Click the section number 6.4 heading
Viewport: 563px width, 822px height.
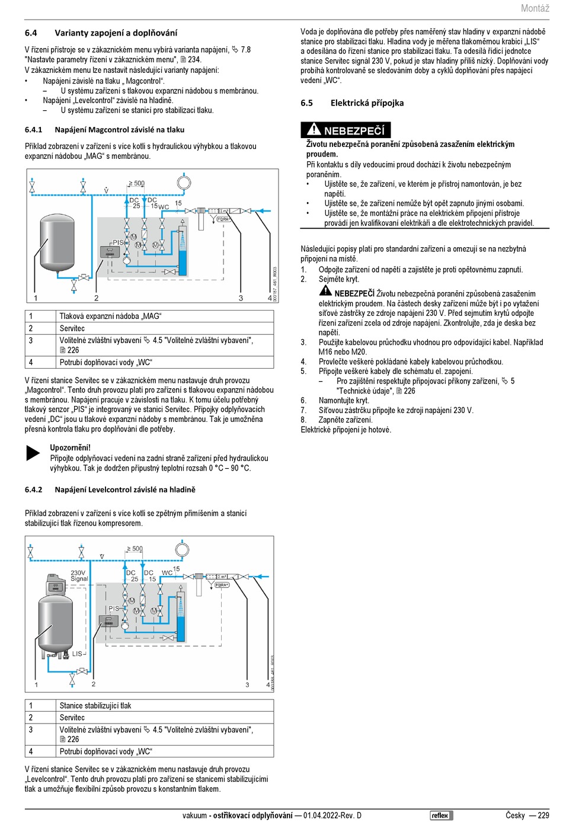point(31,33)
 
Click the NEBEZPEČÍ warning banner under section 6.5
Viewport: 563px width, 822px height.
point(346,130)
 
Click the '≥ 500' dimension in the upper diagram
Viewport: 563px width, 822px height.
point(136,183)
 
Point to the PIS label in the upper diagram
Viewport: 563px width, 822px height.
point(118,242)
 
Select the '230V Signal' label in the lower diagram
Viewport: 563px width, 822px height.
point(79,576)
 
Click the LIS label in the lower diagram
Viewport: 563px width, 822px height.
point(77,654)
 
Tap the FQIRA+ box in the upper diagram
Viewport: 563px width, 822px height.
point(223,219)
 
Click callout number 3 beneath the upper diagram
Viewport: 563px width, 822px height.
point(241,298)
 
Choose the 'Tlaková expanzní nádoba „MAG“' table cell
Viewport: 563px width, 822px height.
point(110,316)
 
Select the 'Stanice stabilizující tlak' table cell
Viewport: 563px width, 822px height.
point(95,706)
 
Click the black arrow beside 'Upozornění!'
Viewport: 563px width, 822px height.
point(33,453)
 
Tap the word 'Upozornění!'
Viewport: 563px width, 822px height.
point(71,448)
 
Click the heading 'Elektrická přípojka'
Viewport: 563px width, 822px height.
point(367,103)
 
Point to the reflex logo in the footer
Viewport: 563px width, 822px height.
point(441,815)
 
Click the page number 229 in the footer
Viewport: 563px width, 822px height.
point(543,815)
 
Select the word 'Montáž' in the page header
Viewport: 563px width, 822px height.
point(535,8)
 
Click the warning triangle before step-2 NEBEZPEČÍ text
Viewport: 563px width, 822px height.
point(325,290)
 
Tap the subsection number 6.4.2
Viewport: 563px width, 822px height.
point(33,490)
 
